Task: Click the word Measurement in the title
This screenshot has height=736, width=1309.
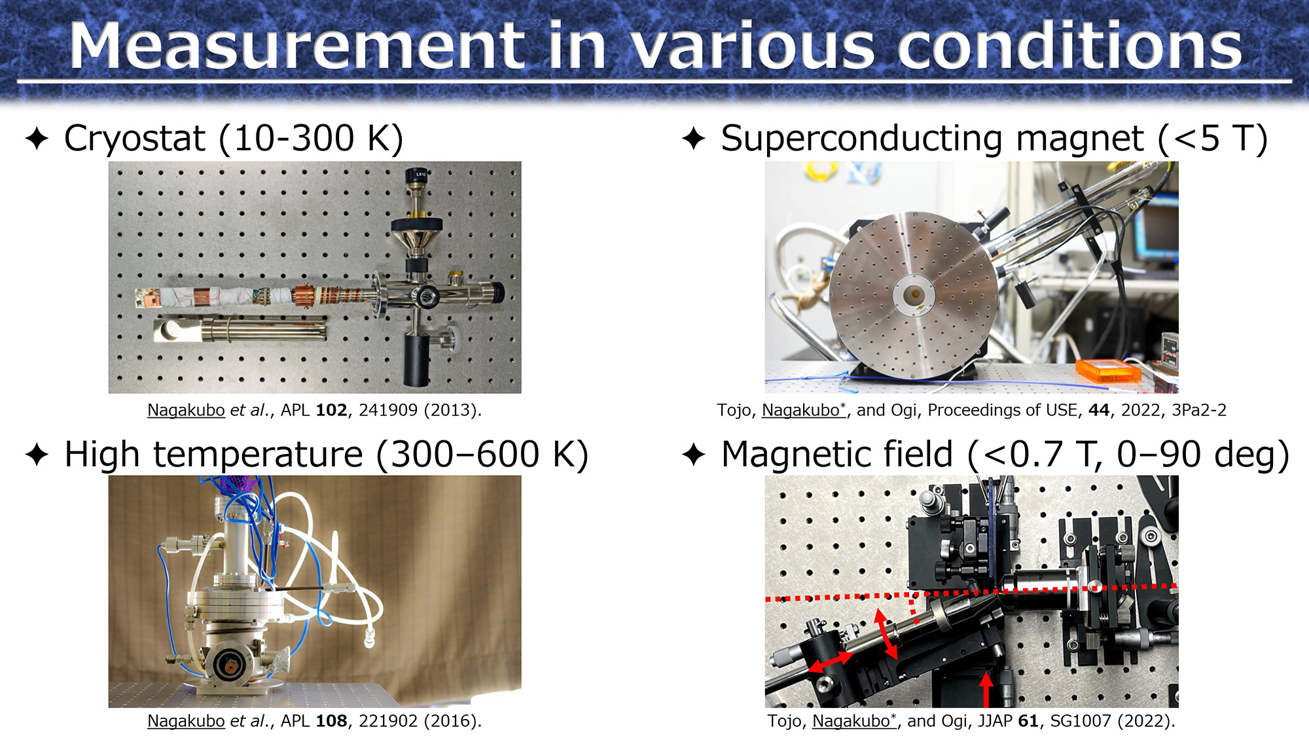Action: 298,45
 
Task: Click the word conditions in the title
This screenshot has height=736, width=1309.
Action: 1070,46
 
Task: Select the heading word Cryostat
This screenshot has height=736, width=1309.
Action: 135,139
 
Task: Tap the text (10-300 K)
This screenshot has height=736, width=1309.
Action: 311,139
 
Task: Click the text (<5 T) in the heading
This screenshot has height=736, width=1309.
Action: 1213,139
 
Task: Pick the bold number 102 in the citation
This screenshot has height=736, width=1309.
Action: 331,410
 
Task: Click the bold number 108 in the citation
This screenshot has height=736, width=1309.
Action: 331,721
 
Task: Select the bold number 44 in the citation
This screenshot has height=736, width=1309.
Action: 1099,410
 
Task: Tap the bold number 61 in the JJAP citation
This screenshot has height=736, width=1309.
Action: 1028,721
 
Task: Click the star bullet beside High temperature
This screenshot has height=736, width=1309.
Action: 37,455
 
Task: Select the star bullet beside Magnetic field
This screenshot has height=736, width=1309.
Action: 694,455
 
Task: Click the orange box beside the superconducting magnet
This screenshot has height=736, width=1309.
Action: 1109,370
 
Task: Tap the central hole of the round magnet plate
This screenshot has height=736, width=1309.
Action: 914,295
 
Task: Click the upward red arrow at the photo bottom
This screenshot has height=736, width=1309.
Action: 987,690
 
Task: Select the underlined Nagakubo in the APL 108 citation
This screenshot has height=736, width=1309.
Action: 186,721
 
